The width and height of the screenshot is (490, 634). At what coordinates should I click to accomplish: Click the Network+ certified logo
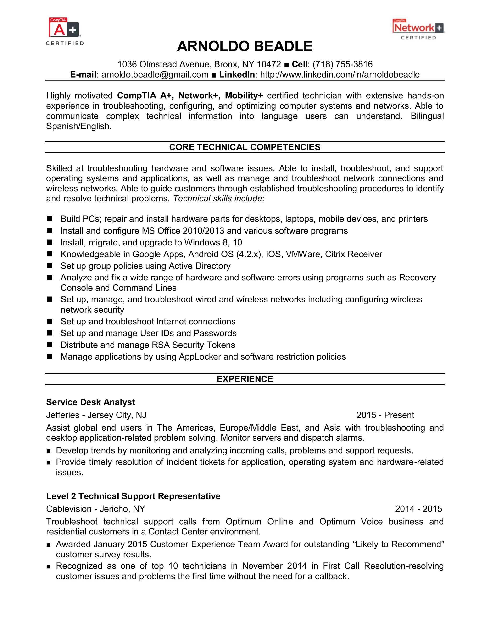click(x=418, y=29)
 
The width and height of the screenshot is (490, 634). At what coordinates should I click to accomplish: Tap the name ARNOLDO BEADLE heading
click(x=245, y=46)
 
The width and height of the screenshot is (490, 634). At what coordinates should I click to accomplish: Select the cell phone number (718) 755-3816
click(x=343, y=64)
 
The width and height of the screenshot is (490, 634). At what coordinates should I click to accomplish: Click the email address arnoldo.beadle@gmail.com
click(x=155, y=75)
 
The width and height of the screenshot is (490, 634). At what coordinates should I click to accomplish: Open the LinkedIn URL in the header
click(x=340, y=75)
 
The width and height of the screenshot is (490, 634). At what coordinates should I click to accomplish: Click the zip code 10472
click(x=269, y=64)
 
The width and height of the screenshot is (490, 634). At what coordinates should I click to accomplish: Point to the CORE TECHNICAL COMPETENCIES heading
click(x=245, y=147)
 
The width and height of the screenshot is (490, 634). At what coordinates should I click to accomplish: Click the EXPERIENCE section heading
click(x=245, y=379)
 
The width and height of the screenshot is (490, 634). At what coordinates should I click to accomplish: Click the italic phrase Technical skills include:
click(x=219, y=199)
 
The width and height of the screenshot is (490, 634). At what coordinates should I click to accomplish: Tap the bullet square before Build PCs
click(x=50, y=219)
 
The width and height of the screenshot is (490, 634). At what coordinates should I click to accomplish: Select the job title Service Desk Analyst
click(x=91, y=402)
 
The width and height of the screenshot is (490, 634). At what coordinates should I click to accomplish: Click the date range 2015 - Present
click(x=385, y=415)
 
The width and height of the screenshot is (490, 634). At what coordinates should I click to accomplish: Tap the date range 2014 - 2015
click(x=418, y=509)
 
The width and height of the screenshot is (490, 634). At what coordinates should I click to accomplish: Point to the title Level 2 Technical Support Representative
click(x=133, y=496)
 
